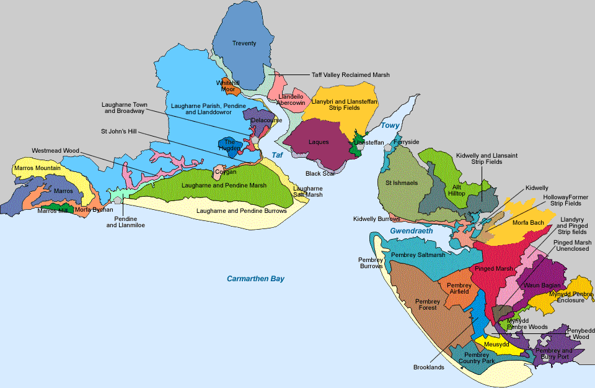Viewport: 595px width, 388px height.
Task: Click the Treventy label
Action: coord(244,43)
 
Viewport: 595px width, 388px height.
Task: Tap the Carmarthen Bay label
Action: coord(255,279)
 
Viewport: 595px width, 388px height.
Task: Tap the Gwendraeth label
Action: coord(407,231)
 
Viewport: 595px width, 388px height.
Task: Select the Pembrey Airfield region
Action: coord(459,288)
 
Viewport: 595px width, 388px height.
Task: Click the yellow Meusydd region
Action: coord(496,345)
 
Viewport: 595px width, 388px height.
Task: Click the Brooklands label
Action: coord(429,368)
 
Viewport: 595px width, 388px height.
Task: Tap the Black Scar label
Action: coord(320,174)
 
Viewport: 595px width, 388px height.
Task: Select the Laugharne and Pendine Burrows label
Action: coord(241,211)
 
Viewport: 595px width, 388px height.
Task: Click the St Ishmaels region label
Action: coord(402,183)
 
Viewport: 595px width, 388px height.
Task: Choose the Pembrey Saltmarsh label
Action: coord(418,255)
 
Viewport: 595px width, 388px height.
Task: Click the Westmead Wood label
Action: coord(55,150)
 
